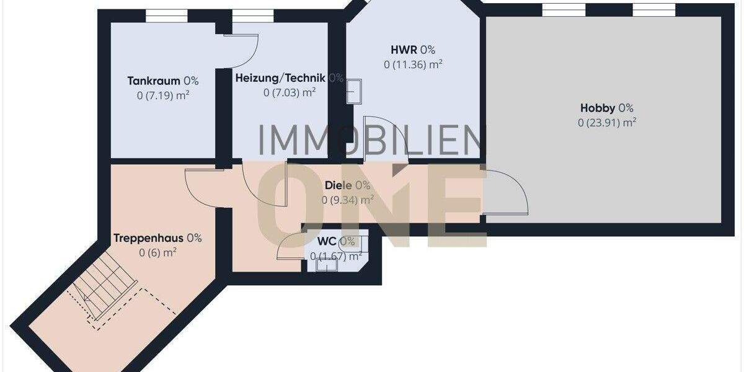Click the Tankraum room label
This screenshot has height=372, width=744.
click(154, 81)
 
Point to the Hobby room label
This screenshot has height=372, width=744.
click(598, 108)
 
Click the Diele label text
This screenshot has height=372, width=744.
click(339, 185)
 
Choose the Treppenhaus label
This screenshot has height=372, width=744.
click(149, 237)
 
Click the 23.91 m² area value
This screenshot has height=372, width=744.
click(607, 123)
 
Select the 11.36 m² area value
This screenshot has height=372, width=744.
click(412, 64)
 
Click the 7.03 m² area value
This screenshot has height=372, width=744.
click(290, 93)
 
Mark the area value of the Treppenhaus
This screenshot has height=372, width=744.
click(158, 252)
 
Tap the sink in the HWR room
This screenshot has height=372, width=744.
click(355, 91)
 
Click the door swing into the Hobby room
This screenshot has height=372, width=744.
click(505, 192)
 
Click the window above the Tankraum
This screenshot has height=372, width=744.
click(166, 15)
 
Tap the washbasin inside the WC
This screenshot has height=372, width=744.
click(326, 265)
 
